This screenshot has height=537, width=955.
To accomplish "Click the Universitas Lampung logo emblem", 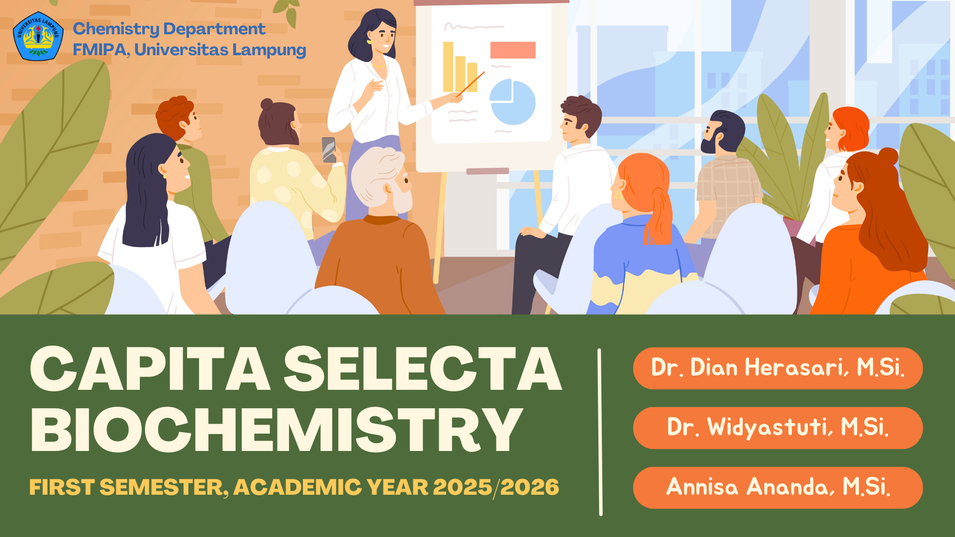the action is (38, 36).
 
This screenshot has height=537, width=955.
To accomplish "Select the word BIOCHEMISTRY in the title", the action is (277, 430).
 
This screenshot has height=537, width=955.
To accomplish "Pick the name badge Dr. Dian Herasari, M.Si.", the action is (778, 368).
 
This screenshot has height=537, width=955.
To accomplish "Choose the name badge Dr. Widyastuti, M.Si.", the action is (778, 428).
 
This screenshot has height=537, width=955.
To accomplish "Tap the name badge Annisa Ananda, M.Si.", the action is (778, 487).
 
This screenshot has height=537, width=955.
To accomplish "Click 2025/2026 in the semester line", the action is (496, 487).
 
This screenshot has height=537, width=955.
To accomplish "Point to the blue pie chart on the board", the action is (512, 102).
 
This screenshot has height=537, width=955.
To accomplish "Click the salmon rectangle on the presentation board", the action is (513, 50).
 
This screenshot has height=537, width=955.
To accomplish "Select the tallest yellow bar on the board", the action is (448, 67).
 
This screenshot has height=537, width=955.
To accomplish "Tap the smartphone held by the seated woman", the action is (329, 150).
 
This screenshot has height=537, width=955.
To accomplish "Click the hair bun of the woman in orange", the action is (888, 157).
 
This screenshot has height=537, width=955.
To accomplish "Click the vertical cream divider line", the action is (600, 432).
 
